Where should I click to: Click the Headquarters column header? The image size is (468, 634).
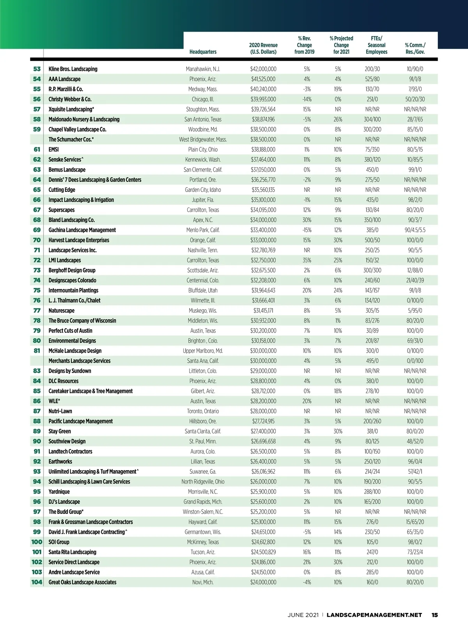click(203, 52)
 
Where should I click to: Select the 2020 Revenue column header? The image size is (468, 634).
click(263, 48)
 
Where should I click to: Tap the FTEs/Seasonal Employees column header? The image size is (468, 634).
click(376, 45)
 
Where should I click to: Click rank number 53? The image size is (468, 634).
click(37, 69)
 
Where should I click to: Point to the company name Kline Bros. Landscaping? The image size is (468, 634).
click(73, 69)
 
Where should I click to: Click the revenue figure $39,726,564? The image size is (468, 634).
click(263, 109)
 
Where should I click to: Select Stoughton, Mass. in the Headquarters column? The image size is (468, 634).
click(203, 109)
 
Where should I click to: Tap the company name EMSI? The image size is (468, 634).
click(53, 149)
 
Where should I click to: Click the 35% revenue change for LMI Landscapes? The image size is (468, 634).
click(307, 260)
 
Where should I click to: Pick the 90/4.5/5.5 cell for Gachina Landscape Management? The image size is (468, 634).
click(415, 230)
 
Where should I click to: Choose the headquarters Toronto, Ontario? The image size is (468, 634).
click(203, 411)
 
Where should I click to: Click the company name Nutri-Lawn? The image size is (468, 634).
click(60, 411)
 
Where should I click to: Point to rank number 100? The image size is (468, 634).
click(37, 542)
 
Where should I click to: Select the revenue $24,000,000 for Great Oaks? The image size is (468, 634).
click(263, 582)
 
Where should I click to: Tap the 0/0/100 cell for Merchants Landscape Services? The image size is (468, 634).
click(415, 361)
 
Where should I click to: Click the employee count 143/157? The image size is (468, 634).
click(372, 290)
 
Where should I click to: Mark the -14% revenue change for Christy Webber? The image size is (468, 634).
click(307, 99)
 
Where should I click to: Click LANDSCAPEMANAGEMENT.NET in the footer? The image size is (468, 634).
click(374, 615)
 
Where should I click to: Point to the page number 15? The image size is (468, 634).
click(434, 615)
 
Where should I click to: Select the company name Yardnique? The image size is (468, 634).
click(59, 492)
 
